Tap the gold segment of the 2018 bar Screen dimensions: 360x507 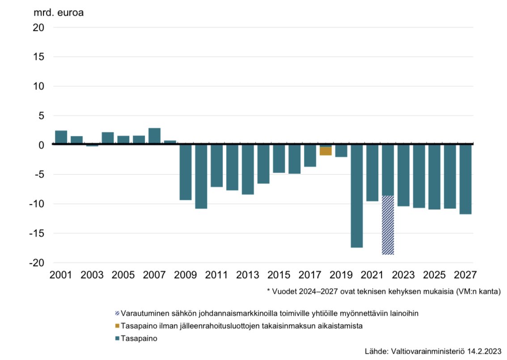(x=325, y=151)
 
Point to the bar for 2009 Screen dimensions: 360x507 (x=185, y=172)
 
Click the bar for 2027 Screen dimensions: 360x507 (x=465, y=179)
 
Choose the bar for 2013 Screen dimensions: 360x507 (x=248, y=169)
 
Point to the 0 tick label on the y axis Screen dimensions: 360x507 (x=41, y=145)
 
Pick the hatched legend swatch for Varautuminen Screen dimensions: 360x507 (x=118, y=313)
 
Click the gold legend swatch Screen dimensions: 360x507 (x=118, y=326)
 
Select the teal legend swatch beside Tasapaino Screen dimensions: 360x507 (x=118, y=339)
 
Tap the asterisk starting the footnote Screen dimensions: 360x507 (x=269, y=291)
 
